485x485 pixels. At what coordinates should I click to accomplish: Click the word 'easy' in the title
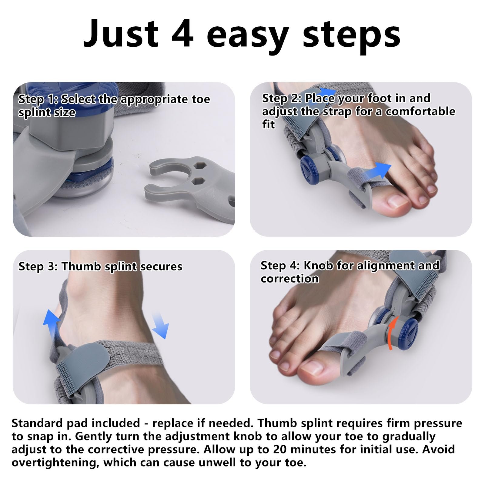[x=248, y=37]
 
